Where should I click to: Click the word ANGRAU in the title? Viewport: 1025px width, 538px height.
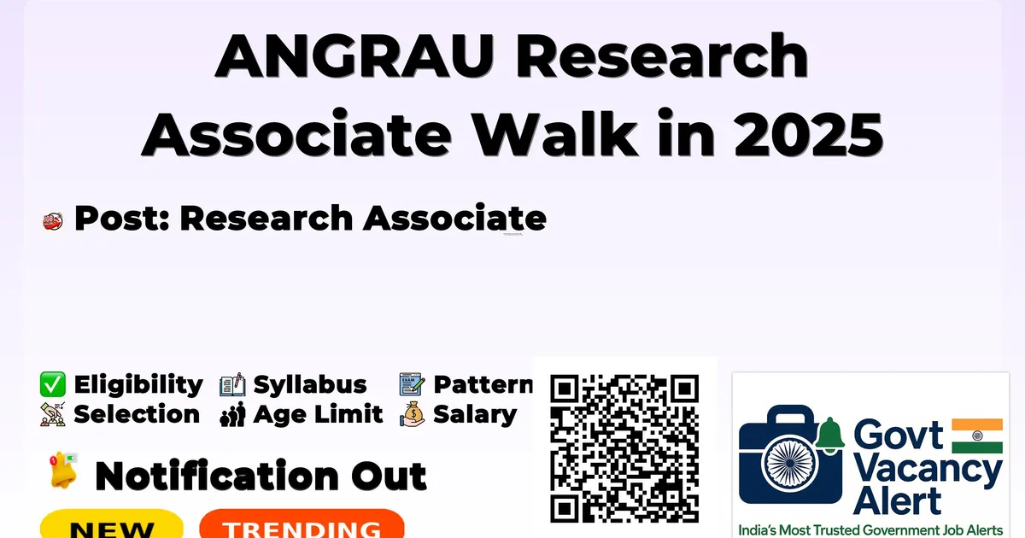354,56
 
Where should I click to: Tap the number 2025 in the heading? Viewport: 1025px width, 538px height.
809,134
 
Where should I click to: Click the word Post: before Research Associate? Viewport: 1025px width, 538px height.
121,219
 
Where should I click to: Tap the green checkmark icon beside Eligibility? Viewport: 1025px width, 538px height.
53,384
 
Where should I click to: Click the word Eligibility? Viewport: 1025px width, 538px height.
138,385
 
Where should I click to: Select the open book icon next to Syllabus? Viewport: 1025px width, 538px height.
232,384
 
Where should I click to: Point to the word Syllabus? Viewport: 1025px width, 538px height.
310,385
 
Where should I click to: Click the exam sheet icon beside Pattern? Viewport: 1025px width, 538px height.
412,384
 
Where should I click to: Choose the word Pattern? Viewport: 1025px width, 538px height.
483,384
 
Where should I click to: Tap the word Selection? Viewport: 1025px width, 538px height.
137,414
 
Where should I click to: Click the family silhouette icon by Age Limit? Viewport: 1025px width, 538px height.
233,414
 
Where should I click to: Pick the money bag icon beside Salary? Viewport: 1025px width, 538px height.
413,414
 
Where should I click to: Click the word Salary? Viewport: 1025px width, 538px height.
475,415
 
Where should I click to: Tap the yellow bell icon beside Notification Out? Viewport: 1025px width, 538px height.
63,471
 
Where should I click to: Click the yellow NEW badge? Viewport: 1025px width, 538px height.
112,523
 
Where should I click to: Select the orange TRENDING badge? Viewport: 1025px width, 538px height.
302,523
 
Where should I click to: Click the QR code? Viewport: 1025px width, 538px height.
624,448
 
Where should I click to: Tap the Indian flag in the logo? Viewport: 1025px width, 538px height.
977,436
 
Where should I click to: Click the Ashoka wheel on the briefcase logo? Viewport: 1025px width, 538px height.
790,463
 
